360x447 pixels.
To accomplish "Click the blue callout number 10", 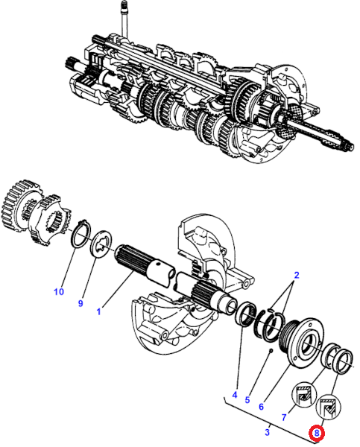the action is click(59, 291).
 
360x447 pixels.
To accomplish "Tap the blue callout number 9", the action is click(80, 303).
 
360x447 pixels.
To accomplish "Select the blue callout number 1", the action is click(98, 311).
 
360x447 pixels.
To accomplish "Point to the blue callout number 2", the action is click(297, 275).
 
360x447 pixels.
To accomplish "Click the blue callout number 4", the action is click(235, 395).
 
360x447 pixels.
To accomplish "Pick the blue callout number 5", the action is click(247, 400).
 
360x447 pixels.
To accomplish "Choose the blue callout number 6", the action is click(261, 407).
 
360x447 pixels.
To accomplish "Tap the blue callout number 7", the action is click(283, 417).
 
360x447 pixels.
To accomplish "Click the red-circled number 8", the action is click(317, 434).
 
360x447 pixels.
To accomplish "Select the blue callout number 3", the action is click(267, 432).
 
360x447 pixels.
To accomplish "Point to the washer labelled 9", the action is click(101, 245).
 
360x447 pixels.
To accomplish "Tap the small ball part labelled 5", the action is click(271, 350).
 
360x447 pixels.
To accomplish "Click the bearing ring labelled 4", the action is click(246, 315).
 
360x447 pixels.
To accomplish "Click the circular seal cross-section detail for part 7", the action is click(304, 396).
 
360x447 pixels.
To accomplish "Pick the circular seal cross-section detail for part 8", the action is click(329, 407).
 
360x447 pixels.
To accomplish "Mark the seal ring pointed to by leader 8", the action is click(343, 361).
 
